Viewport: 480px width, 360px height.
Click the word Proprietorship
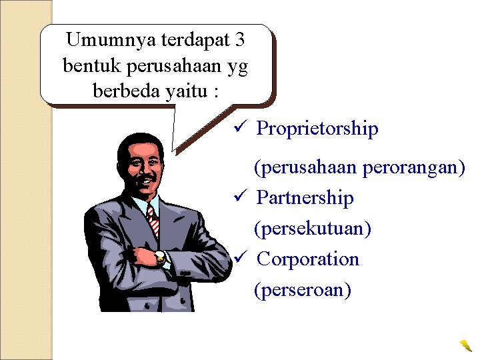[317, 129]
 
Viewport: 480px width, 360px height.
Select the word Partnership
[305, 198]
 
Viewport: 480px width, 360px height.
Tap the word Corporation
[307, 259]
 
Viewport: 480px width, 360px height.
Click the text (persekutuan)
[313, 229]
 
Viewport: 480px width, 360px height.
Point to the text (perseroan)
[302, 290]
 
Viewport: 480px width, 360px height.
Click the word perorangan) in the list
[414, 167]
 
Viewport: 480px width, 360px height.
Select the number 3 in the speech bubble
[240, 40]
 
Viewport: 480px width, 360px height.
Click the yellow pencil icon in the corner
[465, 345]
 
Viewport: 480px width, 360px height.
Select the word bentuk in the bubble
[89, 65]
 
